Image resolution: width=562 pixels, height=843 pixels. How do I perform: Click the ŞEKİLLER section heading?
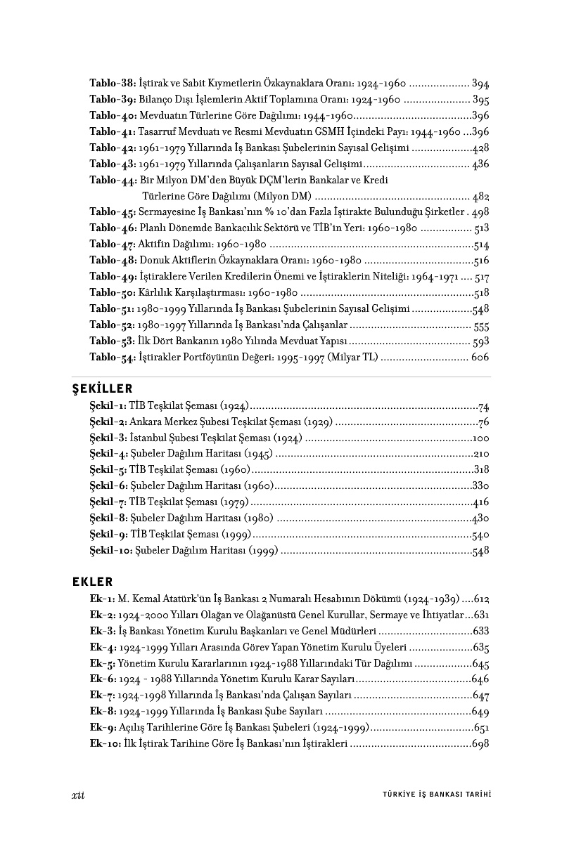coord(102,388)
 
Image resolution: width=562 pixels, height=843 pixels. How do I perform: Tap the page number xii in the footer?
coord(78,795)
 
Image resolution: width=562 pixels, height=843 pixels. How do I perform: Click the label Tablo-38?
coord(113,83)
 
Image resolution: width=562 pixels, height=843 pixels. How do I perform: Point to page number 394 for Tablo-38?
coord(481,83)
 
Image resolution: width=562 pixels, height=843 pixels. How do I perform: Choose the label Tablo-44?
coord(113,180)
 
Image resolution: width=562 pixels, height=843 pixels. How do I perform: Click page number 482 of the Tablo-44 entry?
coord(481,196)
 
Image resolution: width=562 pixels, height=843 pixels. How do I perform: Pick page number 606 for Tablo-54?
coord(480,358)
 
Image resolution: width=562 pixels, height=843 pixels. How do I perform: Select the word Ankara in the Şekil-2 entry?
coord(146,422)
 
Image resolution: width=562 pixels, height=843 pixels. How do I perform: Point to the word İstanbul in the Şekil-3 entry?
coord(149,438)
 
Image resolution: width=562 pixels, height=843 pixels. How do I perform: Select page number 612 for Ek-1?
coord(481,599)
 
